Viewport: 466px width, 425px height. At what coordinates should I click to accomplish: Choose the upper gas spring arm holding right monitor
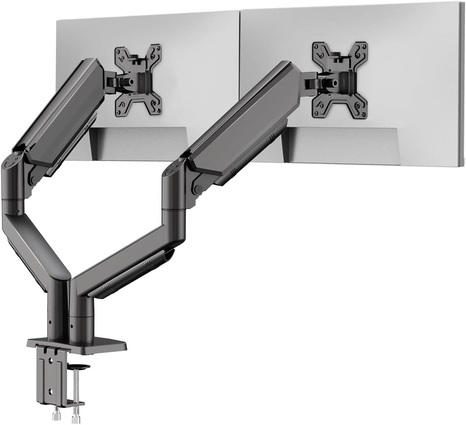(235, 121)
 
